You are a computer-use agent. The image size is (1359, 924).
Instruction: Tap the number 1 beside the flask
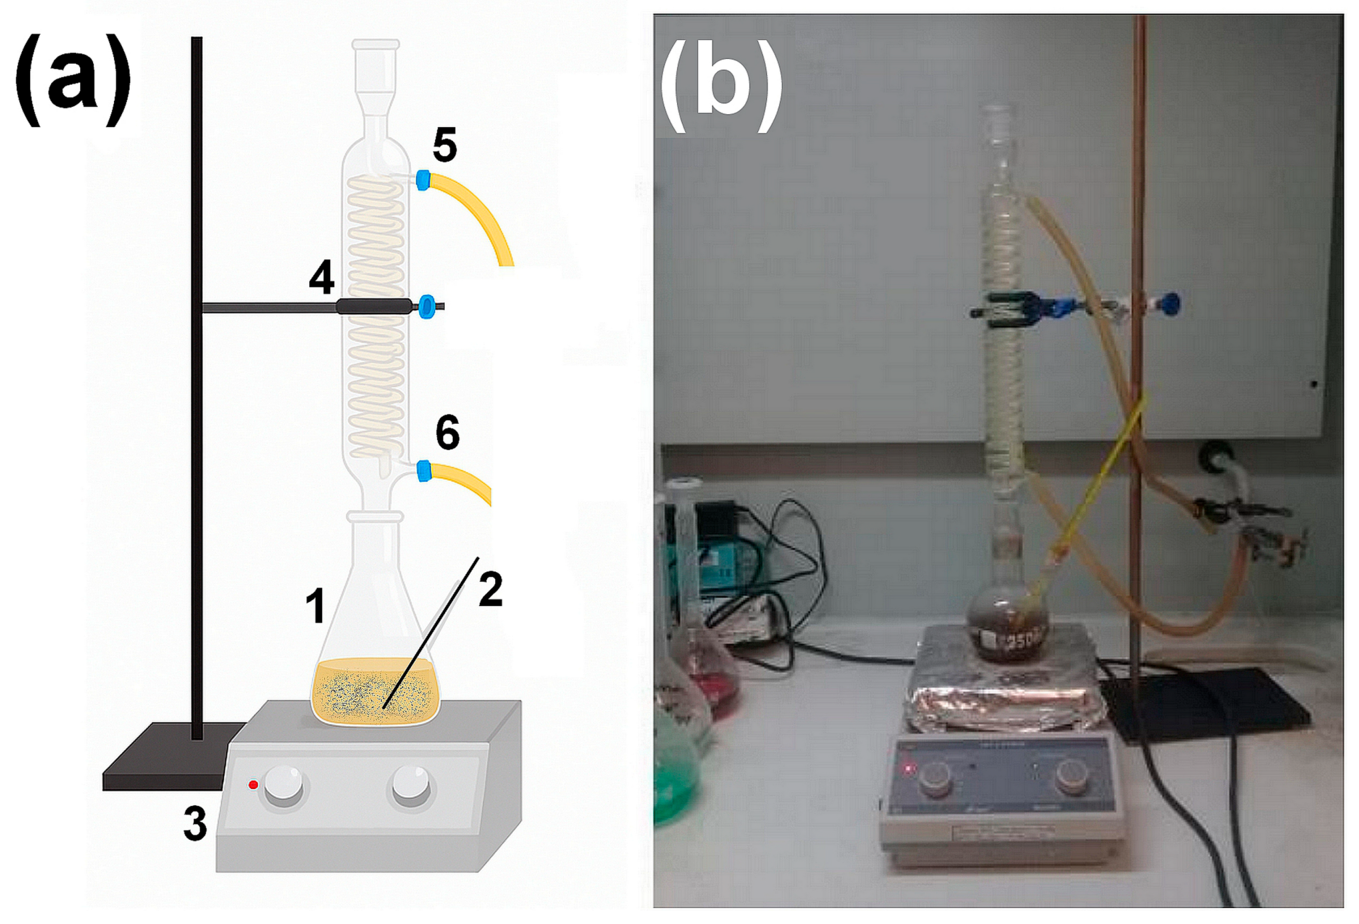pyautogui.click(x=316, y=605)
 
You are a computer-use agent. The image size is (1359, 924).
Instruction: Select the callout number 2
pyautogui.click(x=490, y=589)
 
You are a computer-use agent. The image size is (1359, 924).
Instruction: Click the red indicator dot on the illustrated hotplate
pyautogui.click(x=253, y=785)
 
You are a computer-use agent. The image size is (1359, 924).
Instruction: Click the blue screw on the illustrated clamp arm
pyautogui.click(x=427, y=306)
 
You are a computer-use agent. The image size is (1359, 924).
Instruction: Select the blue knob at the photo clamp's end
pyautogui.click(x=1170, y=303)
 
